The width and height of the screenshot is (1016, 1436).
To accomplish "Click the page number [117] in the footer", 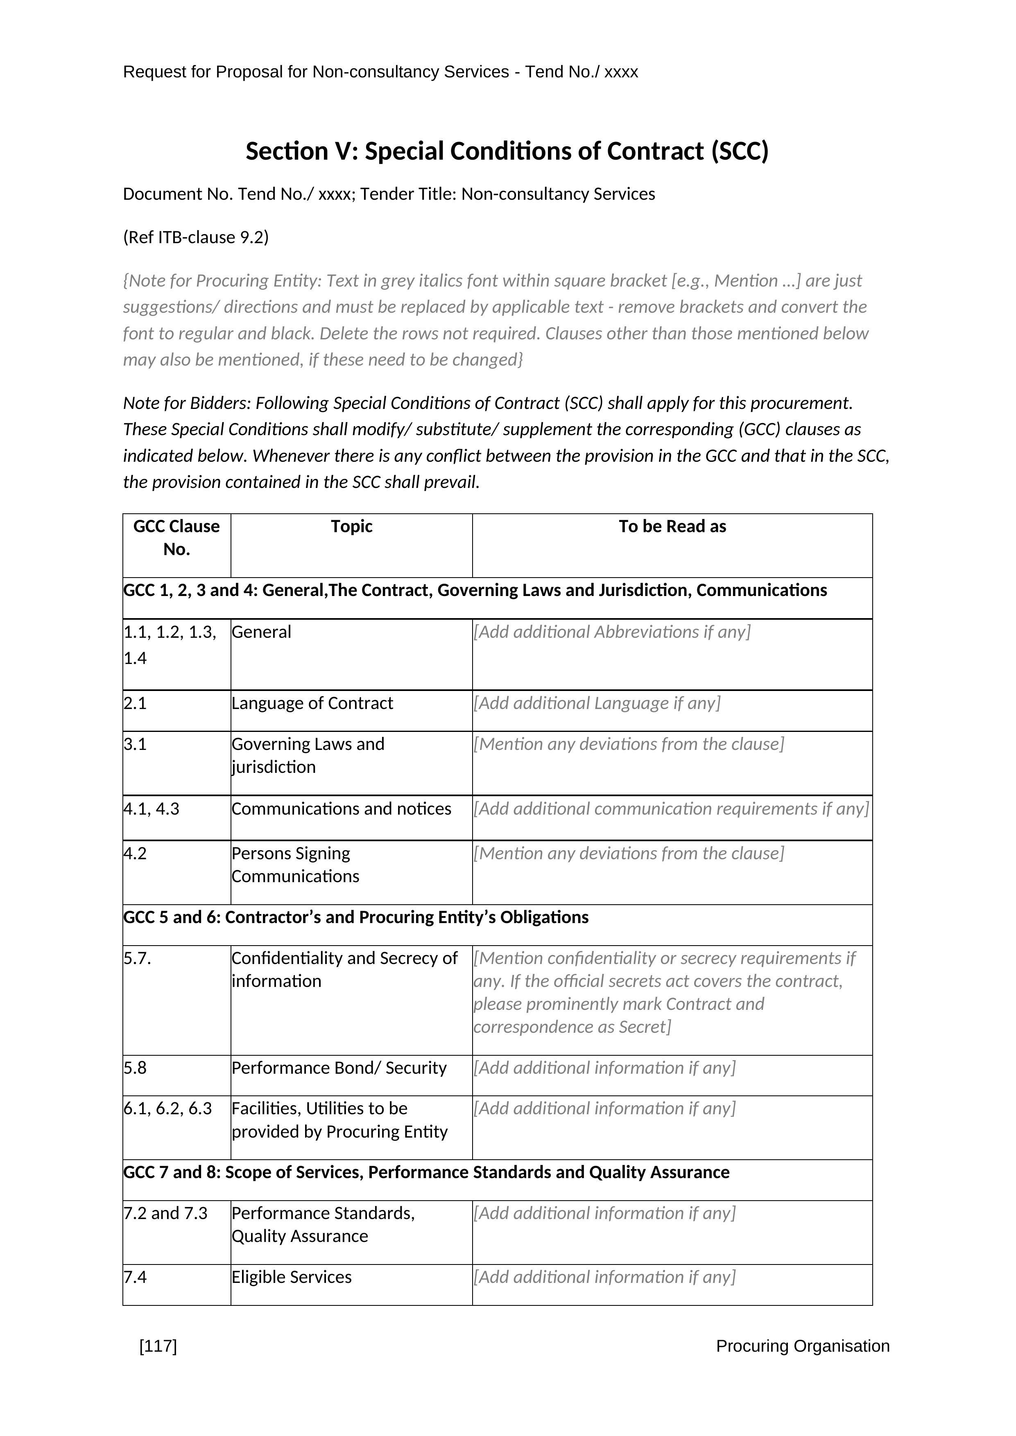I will tap(158, 1346).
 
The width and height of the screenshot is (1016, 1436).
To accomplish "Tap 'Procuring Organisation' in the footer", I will tap(802, 1346).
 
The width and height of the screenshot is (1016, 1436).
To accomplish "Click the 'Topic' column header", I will tap(352, 526).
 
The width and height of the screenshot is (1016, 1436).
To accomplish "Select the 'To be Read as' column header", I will tap(672, 526).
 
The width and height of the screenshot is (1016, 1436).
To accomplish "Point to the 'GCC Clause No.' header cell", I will tap(176, 538).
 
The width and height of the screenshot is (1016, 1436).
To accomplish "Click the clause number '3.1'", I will tap(135, 744).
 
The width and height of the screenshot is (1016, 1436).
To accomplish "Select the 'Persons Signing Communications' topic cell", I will tap(295, 865).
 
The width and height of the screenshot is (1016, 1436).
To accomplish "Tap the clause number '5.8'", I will tap(135, 1068).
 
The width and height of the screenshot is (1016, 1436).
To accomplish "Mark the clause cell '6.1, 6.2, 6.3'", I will tap(167, 1108).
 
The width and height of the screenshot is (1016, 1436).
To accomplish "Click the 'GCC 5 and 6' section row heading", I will tap(356, 917).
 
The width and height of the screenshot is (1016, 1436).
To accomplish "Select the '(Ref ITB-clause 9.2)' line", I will tap(196, 238).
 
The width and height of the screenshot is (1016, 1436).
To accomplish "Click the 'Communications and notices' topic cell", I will tap(341, 809).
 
